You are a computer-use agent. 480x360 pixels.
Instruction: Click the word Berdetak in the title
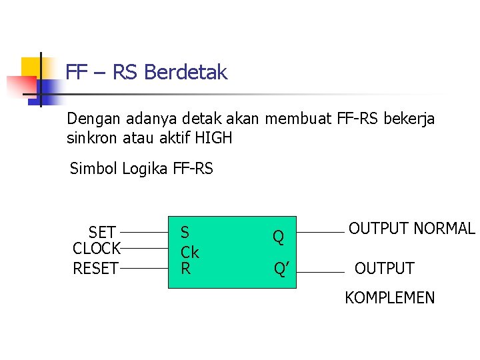[185, 72]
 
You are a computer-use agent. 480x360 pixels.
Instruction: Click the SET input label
[102, 233]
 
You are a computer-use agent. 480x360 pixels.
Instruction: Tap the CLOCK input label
[96, 249]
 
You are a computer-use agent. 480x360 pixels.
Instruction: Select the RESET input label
[95, 269]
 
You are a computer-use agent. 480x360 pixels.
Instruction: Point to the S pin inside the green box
[185, 232]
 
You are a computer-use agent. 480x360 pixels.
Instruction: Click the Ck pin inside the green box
[190, 253]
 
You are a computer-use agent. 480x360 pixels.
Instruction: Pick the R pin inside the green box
[185, 268]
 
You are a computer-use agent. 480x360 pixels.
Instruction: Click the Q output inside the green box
[278, 237]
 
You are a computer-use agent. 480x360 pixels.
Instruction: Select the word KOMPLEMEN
[389, 298]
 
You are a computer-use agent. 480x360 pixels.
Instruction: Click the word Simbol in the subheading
[93, 169]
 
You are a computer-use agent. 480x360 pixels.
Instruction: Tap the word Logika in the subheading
[145, 169]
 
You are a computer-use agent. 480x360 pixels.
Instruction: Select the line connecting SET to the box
[143, 233]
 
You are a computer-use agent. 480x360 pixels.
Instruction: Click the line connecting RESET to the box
[143, 269]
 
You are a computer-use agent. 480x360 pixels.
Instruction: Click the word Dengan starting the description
[92, 119]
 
